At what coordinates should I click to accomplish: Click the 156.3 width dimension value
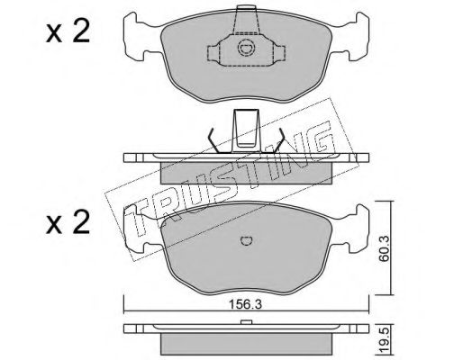246,304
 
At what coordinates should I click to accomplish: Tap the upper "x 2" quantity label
68,32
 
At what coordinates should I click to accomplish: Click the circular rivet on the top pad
247,49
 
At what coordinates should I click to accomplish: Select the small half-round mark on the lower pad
247,240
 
